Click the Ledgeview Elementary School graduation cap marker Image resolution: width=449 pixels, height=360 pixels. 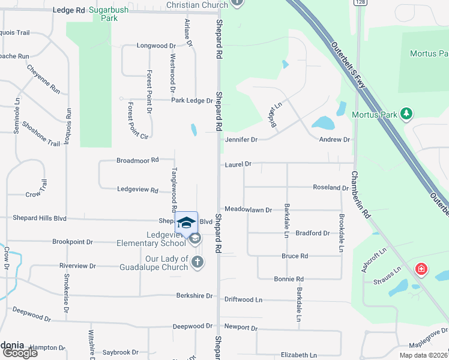187,223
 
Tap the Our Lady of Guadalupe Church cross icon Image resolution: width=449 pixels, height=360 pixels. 197,261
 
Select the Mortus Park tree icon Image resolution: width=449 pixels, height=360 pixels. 406,113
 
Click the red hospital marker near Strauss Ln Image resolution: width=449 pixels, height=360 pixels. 421,268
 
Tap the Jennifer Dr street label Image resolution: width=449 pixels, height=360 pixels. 241,139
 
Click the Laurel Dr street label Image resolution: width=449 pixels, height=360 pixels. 238,163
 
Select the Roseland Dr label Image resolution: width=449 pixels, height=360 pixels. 330,188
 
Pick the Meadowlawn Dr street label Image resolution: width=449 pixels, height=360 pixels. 249,210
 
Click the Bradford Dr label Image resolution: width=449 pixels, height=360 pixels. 313,233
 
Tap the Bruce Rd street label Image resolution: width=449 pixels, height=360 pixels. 295,256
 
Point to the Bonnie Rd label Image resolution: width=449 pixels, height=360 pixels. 289,279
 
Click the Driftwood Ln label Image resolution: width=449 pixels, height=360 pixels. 243,299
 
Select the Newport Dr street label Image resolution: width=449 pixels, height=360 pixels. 241,328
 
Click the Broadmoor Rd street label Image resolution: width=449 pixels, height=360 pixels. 137,160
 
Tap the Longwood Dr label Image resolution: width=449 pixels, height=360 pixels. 156,46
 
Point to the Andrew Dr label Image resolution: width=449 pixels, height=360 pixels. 334,139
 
